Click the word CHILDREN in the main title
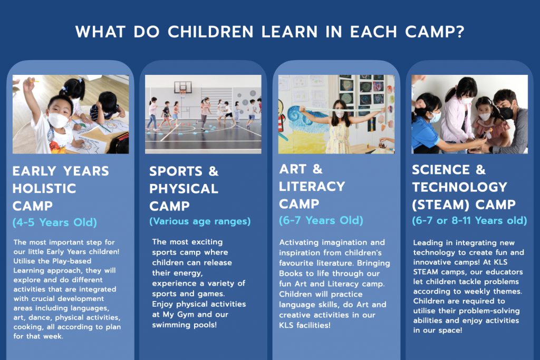pos(210,32)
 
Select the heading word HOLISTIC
pos(44,189)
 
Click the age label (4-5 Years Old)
pos(55,222)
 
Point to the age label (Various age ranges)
pos(200,221)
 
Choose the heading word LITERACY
pos(312,187)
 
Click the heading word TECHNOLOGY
pos(460,187)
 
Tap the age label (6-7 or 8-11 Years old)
pos(469,221)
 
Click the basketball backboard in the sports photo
pos(183,87)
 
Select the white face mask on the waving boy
pos(58,121)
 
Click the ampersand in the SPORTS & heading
pos(214,171)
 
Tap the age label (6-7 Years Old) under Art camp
pos(321,220)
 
